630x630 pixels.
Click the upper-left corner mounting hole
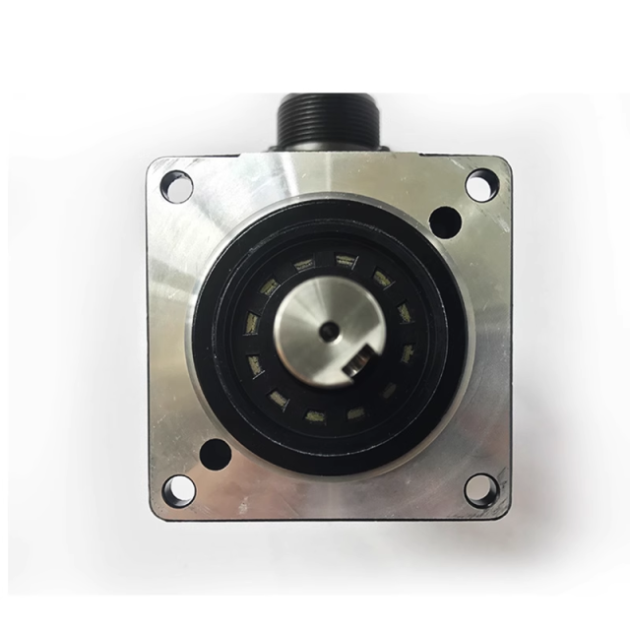click(x=175, y=181)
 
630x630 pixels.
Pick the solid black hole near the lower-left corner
click(x=211, y=453)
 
